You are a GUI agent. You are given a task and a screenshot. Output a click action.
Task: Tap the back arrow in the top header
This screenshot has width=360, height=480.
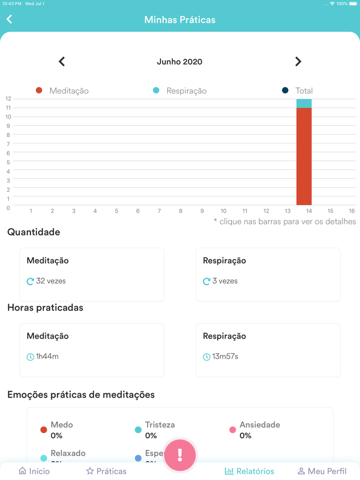pos(9,20)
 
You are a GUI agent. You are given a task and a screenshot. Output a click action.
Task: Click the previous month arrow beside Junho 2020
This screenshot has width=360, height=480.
pos(62,62)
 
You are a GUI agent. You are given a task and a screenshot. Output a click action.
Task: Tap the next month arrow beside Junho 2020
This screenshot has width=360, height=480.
pos(298,62)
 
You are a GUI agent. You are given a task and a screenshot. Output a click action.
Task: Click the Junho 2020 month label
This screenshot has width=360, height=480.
pos(179,62)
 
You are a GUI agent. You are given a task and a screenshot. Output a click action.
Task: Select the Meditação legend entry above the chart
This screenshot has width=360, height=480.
pos(62,91)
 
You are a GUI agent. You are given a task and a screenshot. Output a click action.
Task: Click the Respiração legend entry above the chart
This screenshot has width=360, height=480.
pos(180,91)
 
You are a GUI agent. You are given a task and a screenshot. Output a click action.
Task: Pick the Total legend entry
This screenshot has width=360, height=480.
pos(297,91)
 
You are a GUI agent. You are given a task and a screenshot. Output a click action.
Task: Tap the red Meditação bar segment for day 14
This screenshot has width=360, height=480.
pos(304,157)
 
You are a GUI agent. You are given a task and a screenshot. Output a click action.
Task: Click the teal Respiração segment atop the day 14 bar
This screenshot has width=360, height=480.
pos(304,103)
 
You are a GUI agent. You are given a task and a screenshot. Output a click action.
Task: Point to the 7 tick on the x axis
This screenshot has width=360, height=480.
pos(159,211)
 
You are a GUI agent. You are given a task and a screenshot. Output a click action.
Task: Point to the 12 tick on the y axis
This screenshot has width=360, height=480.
pos(8,99)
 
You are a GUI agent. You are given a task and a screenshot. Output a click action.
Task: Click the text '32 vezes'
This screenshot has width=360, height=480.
pos(50,281)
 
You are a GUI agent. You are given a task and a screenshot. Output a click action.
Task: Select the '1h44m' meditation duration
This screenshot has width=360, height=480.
pos(47,357)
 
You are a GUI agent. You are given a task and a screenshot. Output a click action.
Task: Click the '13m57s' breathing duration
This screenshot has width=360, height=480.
pos(225,357)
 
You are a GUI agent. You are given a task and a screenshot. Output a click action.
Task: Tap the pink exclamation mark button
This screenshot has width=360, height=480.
pos(180,455)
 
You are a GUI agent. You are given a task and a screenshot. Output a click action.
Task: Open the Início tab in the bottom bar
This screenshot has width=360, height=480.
pos(34,471)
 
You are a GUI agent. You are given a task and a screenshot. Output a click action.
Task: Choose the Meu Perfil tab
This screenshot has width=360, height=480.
pos(322,471)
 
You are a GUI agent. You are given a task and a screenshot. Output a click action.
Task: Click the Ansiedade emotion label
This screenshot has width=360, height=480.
pos(260,425)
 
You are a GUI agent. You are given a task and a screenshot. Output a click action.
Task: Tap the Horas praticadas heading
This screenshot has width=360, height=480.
pos(45,308)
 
